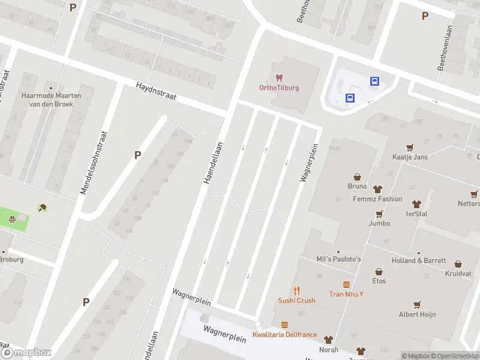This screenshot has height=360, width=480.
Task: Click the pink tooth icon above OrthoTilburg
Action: (x=278, y=77)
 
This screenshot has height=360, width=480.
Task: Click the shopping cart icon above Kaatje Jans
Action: (x=410, y=146)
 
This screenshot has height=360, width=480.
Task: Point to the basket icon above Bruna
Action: (x=357, y=177)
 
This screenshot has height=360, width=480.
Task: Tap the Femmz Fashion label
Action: (x=377, y=199)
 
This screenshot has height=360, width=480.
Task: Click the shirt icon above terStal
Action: (x=416, y=204)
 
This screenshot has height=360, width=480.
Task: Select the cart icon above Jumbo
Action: (x=379, y=214)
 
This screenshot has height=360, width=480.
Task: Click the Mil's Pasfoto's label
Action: (x=338, y=259)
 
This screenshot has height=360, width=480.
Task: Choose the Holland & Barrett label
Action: (x=419, y=260)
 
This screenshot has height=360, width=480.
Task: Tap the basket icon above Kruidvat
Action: (x=458, y=263)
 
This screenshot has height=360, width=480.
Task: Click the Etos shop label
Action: (x=379, y=281)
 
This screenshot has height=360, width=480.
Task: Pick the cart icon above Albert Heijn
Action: (x=417, y=304)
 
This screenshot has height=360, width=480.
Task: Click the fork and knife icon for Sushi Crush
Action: (x=296, y=290)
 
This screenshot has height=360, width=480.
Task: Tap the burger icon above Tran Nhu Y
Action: (x=346, y=284)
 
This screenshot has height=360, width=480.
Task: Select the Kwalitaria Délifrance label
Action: (x=284, y=334)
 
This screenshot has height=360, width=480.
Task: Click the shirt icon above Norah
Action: (x=328, y=340)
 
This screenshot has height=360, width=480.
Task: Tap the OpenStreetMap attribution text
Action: (x=456, y=356)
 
